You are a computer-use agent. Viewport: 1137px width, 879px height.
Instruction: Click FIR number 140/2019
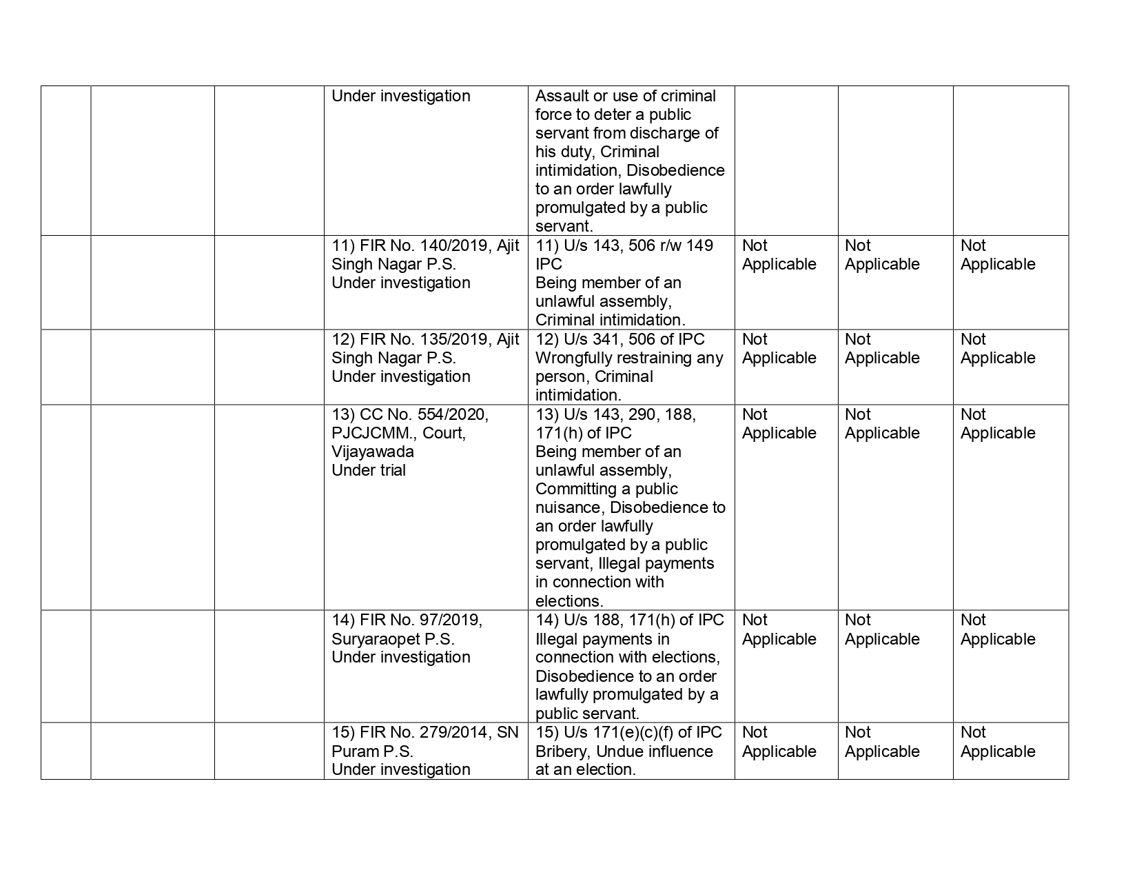[460, 246]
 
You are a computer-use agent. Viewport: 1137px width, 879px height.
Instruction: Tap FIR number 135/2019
[460, 340]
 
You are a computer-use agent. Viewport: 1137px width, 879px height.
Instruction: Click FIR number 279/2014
[460, 733]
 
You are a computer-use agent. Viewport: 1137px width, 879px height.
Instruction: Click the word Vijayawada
[372, 452]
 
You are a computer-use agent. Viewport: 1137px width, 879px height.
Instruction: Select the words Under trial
[369, 471]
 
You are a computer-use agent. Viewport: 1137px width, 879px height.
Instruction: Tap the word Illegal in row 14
[555, 639]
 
